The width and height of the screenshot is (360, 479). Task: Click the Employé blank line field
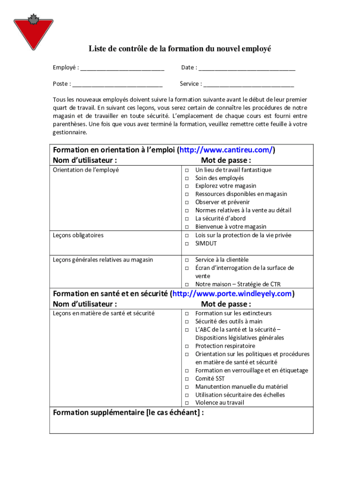[x=122, y=68]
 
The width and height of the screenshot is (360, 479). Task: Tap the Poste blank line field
[x=117, y=84]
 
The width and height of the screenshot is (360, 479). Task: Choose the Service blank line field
[x=249, y=84]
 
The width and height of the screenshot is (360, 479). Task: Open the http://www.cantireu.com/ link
[x=226, y=150]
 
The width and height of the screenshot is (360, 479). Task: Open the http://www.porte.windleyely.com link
[x=232, y=294]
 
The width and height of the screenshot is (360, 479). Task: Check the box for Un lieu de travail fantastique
[x=186, y=170]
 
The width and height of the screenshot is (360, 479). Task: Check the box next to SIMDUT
[x=186, y=244]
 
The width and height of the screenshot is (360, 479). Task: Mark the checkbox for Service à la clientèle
[x=186, y=260]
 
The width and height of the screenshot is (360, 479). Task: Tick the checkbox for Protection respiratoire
[x=186, y=346]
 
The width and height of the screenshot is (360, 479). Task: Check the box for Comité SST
[x=186, y=379]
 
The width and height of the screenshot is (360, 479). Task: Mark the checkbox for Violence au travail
[x=186, y=403]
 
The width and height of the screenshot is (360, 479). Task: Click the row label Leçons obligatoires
[x=78, y=235]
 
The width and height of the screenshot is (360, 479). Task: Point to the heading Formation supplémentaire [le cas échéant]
[x=128, y=413]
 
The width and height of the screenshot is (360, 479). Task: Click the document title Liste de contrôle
[x=180, y=49]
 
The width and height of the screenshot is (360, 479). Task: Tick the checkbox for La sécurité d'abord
[x=186, y=219]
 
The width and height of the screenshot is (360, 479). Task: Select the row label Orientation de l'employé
[x=86, y=170]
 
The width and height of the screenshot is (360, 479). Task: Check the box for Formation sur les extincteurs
[x=186, y=314]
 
